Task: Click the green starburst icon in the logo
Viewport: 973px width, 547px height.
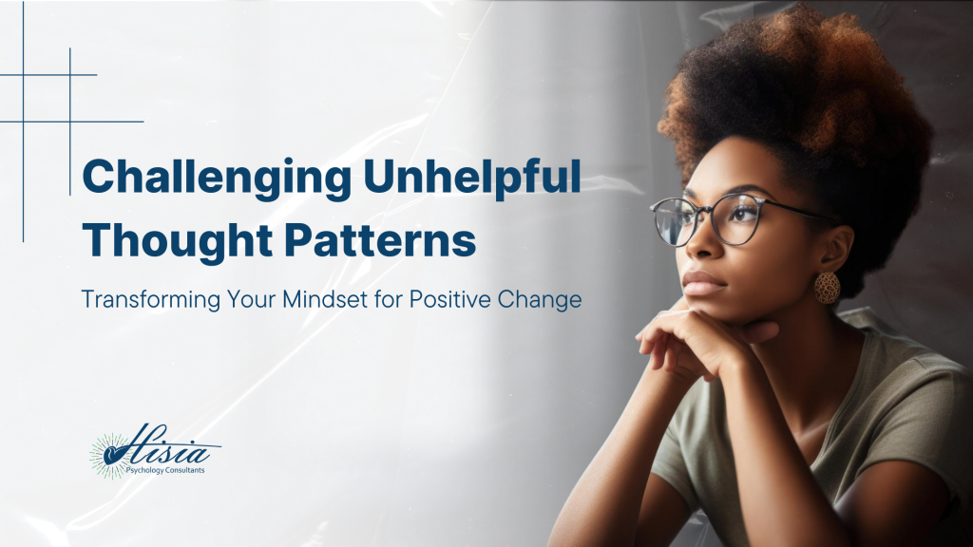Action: [x=107, y=454]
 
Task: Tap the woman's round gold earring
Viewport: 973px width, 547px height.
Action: [x=827, y=287]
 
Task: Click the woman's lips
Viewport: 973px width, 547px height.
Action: [x=700, y=283]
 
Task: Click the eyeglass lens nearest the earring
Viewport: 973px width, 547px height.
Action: [x=741, y=219]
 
